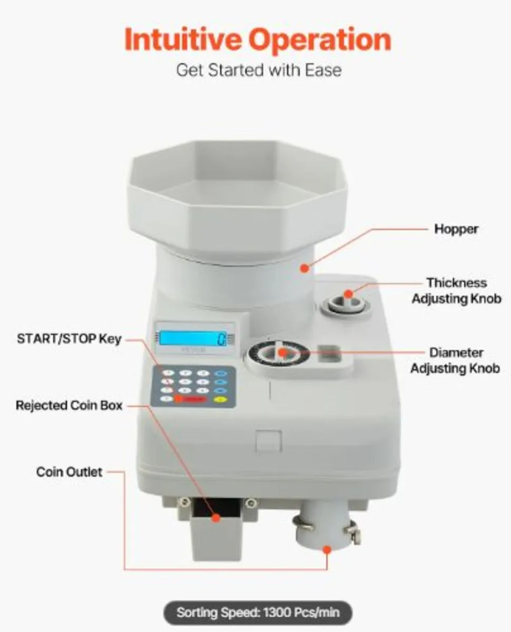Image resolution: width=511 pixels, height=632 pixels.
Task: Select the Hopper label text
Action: tap(456, 229)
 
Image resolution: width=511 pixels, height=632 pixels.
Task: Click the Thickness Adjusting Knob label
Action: tap(456, 291)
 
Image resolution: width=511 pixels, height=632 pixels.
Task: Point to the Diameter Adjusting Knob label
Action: tap(455, 360)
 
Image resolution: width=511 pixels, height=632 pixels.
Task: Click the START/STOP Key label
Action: tap(69, 339)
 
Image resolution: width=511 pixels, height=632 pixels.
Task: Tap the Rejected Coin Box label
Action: tap(69, 406)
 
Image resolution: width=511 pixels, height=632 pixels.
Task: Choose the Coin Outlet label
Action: tap(69, 471)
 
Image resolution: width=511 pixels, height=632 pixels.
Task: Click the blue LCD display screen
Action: tap(193, 338)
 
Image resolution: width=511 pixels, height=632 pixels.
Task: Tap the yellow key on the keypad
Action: tap(221, 399)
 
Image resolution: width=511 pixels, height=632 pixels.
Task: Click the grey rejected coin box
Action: tap(213, 532)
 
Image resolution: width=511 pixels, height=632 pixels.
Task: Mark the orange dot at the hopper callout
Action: tap(304, 269)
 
